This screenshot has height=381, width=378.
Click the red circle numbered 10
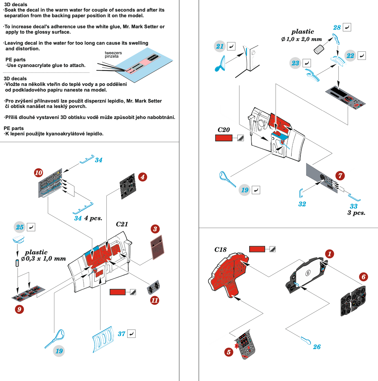coord(38,172)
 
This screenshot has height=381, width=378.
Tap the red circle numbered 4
coord(143,177)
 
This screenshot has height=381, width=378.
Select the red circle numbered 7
coord(340,176)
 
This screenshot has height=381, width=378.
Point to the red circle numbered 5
coord(229,352)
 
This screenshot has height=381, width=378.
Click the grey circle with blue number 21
coord(220,46)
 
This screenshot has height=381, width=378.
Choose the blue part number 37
coord(121,334)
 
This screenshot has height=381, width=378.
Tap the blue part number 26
coord(317,347)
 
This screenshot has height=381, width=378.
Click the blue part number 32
coord(302,204)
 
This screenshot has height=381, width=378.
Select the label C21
coord(122,224)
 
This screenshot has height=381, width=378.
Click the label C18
coord(220,250)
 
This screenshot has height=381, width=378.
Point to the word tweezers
coord(113,53)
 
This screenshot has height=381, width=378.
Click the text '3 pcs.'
coord(356,213)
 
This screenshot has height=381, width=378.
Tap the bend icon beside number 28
coord(347,27)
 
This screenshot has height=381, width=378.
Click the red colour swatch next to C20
coord(224,138)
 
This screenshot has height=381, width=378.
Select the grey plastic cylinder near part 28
coord(319,50)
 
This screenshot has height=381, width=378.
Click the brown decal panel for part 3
coord(157,247)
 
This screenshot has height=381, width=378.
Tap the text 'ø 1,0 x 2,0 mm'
coord(302,39)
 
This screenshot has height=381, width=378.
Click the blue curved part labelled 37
coord(103,339)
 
